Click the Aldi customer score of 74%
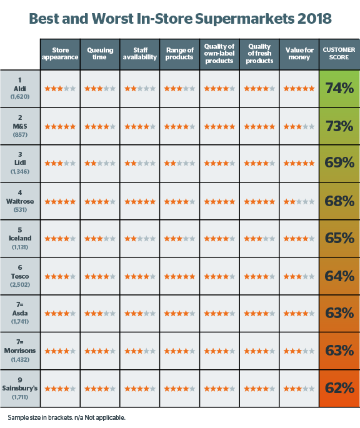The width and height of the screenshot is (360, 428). (x=339, y=88)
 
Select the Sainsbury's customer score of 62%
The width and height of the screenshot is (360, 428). (x=339, y=388)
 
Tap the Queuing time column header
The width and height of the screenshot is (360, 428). (x=100, y=54)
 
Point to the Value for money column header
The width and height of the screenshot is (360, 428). (x=299, y=54)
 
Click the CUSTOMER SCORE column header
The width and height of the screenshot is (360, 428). (x=339, y=54)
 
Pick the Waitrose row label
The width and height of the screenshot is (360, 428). (x=20, y=201)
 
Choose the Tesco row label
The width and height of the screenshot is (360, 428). (x=20, y=276)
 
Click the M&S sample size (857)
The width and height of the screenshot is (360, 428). (x=20, y=134)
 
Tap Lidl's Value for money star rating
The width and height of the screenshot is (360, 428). (x=299, y=164)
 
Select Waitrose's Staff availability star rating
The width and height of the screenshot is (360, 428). (x=140, y=202)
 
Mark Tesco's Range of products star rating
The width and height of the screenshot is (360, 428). (x=179, y=277)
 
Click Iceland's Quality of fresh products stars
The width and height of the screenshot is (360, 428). (x=259, y=239)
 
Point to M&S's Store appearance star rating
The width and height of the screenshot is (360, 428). (x=60, y=127)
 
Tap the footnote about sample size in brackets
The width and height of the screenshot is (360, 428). (x=66, y=417)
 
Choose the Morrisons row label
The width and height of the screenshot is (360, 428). (x=20, y=351)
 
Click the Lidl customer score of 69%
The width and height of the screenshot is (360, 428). (x=339, y=162)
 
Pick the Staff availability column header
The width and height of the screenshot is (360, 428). (x=140, y=54)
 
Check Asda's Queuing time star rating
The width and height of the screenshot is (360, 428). (x=100, y=314)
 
